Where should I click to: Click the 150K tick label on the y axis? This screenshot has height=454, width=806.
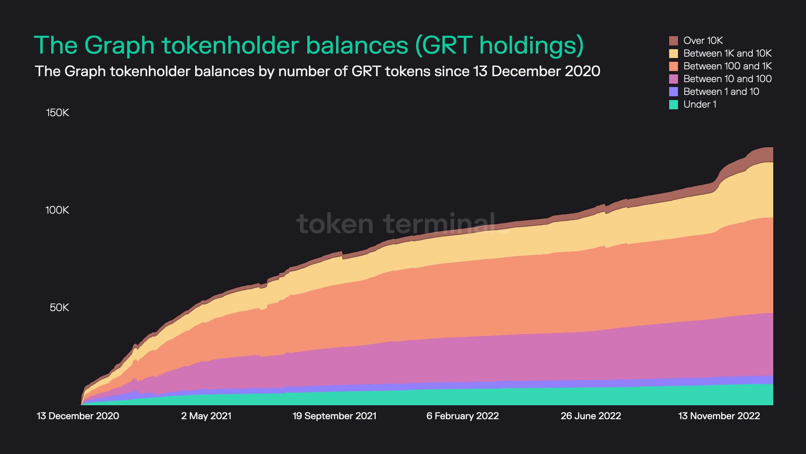58,113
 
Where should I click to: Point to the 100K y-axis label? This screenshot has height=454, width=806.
57,210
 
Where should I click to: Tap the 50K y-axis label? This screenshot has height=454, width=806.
59,308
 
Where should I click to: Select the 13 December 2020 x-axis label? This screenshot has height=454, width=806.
78,416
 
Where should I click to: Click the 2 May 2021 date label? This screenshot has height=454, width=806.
206,416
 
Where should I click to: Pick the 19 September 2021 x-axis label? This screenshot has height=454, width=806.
334,416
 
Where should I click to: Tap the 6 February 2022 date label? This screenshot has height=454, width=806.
463,416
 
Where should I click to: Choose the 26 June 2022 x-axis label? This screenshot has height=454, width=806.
591,416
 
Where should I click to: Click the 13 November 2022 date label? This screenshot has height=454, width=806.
719,416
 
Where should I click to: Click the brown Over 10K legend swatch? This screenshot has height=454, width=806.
673,41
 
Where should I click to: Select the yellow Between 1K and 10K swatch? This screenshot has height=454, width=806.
673,53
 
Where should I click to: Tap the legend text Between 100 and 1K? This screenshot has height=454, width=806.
727,66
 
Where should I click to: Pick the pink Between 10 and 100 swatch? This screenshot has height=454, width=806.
673,79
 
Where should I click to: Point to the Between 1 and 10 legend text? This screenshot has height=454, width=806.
721,92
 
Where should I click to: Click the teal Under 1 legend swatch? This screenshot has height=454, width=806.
673,105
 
